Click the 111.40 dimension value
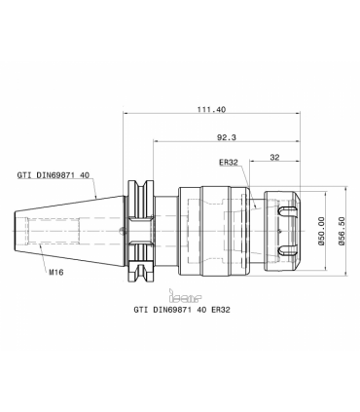pyautogui.click(x=211, y=109)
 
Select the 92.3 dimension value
pyautogui.click(x=227, y=137)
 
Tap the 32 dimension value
pyautogui.click(x=274, y=157)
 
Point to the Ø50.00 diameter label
pyautogui.click(x=322, y=231)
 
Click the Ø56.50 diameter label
pyautogui.click(x=342, y=231)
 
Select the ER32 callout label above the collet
pyautogui.click(x=229, y=163)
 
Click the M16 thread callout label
pyautogui.click(x=56, y=272)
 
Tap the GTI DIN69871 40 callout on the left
pyautogui.click(x=54, y=175)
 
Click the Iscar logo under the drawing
pyautogui.click(x=185, y=295)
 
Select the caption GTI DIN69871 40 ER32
pyautogui.click(x=182, y=310)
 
